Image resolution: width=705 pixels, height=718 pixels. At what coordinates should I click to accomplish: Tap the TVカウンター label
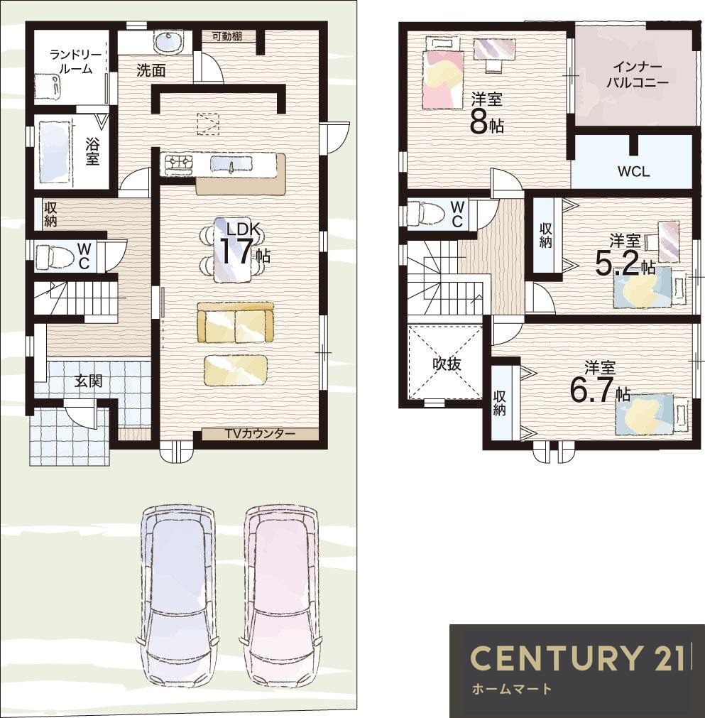pyautogui.click(x=260, y=434)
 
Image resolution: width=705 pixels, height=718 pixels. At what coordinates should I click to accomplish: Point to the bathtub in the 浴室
pyautogui.click(x=54, y=151)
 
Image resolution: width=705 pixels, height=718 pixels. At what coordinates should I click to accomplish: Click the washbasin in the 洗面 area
pyautogui.click(x=168, y=42)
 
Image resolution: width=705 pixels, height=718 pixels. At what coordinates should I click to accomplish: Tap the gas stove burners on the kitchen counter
pyautogui.click(x=180, y=163)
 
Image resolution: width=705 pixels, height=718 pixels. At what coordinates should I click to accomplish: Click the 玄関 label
pyautogui.click(x=88, y=381)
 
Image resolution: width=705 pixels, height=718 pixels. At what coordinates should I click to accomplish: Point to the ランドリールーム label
pyautogui.click(x=76, y=62)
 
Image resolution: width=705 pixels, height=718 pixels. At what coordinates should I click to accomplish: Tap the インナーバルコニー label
pyautogui.click(x=638, y=75)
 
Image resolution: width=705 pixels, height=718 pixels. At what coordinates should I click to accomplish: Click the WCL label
pyautogui.click(x=633, y=172)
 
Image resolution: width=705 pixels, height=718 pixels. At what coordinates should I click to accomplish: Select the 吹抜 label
pyautogui.click(x=447, y=364)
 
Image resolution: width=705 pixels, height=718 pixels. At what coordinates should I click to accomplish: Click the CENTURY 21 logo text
pyautogui.click(x=577, y=658)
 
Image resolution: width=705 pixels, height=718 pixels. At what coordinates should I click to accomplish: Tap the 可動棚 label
pyautogui.click(x=227, y=36)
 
